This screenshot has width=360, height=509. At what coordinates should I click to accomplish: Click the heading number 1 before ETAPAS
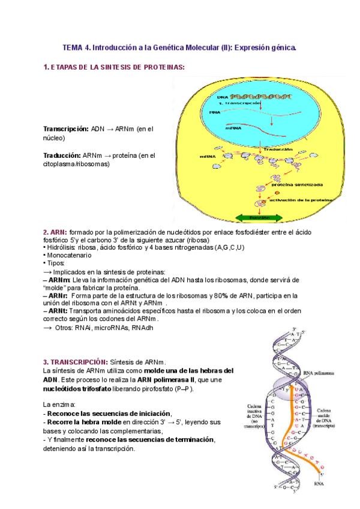(45, 68)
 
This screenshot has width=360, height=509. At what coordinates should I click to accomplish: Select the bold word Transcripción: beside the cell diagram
(65, 129)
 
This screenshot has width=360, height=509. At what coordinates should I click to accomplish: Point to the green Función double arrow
(254, 218)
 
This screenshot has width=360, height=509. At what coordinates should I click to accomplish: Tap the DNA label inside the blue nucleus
(222, 97)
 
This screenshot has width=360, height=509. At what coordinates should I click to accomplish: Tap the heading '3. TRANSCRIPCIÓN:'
(75, 362)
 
